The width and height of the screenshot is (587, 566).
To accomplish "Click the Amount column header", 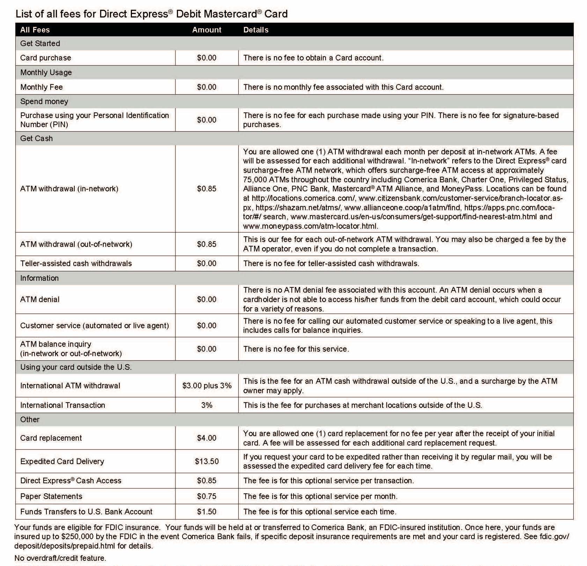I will pyautogui.click(x=207, y=30).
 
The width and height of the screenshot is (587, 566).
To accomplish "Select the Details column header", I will pyautogui.click(x=256, y=30).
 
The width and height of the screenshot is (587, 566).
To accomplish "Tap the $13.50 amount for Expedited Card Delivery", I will pyautogui.click(x=207, y=461).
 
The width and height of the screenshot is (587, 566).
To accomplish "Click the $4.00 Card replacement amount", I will pyautogui.click(x=207, y=438).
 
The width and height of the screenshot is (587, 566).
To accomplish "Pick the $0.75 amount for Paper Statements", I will pyautogui.click(x=207, y=496).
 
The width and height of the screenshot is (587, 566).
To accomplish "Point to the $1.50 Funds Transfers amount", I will pyautogui.click(x=207, y=512).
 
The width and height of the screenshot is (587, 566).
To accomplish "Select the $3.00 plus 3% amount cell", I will pyautogui.click(x=207, y=385).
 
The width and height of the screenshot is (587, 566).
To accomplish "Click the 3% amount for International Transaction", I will pyautogui.click(x=207, y=405).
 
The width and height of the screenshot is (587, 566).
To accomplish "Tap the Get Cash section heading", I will pyautogui.click(x=36, y=138).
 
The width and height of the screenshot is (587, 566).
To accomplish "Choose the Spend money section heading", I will pyautogui.click(x=44, y=101).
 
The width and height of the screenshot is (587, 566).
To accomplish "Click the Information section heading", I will pyautogui.click(x=39, y=278).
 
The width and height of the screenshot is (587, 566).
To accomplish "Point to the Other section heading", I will pyautogui.click(x=30, y=419).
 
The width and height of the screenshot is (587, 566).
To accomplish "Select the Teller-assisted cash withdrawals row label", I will pyautogui.click(x=76, y=263).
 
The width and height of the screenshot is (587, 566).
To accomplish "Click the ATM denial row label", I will pyautogui.click(x=40, y=299).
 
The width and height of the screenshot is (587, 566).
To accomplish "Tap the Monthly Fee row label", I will pyautogui.click(x=42, y=87).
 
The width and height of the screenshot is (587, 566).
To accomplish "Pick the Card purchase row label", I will pyautogui.click(x=45, y=58).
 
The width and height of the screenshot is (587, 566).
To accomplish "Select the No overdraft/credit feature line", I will pyautogui.click(x=60, y=558).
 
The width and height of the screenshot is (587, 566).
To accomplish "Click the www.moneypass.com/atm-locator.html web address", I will pyautogui.click(x=310, y=226).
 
